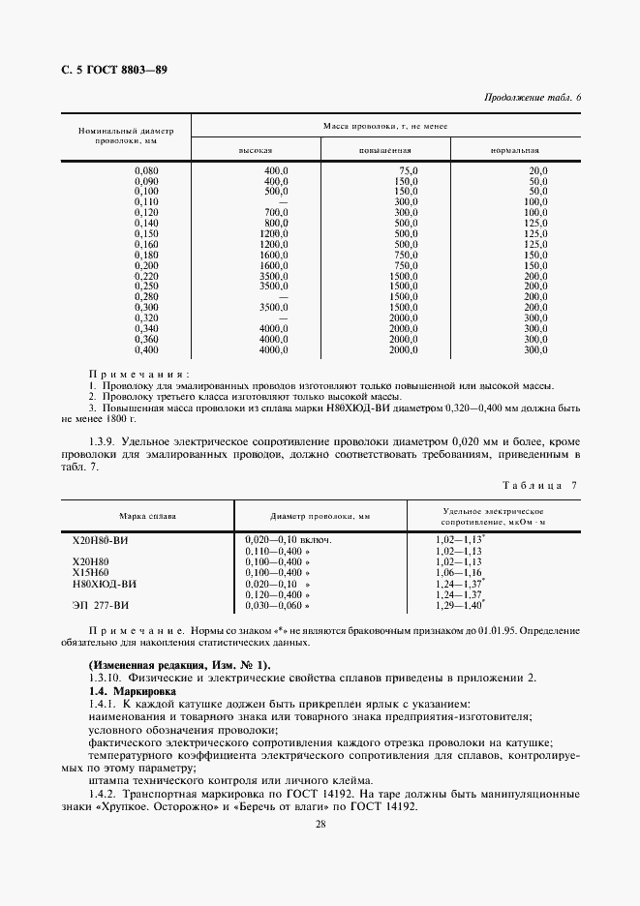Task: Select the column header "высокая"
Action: [x=256, y=151]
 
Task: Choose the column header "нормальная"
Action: [x=515, y=151]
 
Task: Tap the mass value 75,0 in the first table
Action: [x=407, y=170]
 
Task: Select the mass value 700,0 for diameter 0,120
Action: [x=277, y=212]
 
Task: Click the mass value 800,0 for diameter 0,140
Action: [x=277, y=223]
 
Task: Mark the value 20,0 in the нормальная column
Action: [x=538, y=170]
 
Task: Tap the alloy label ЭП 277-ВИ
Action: [x=101, y=605]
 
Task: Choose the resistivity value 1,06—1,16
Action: [x=458, y=572]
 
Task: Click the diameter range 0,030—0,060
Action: [x=275, y=605]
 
